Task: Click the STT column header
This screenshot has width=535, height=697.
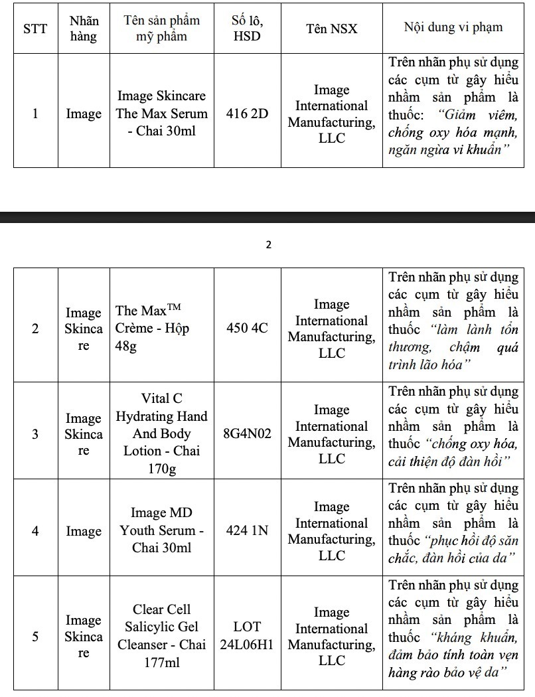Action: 35,29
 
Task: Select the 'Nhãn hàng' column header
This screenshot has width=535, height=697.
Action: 84,29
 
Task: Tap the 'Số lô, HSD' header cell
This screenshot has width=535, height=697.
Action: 247,29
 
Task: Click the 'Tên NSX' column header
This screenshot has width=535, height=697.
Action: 331,29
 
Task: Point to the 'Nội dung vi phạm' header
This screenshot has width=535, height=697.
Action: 453,28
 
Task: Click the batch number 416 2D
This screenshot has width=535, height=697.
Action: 247,114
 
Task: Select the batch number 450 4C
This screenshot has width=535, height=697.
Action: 247,328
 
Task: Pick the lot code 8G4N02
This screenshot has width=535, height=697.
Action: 247,434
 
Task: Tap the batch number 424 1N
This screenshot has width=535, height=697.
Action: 247,531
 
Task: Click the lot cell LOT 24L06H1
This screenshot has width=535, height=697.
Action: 247,636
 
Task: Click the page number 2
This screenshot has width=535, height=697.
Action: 268,245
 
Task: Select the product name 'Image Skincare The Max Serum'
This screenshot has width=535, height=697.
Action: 162,114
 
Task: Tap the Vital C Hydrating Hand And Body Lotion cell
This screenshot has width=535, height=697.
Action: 162,433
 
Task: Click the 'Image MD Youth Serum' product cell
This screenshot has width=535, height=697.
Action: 162,530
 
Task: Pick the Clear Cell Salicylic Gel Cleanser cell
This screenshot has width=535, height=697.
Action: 162,635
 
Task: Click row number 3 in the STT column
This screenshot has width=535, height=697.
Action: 35,434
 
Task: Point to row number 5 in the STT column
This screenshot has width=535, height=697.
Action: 35,636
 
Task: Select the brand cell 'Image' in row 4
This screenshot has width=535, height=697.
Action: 84,531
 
